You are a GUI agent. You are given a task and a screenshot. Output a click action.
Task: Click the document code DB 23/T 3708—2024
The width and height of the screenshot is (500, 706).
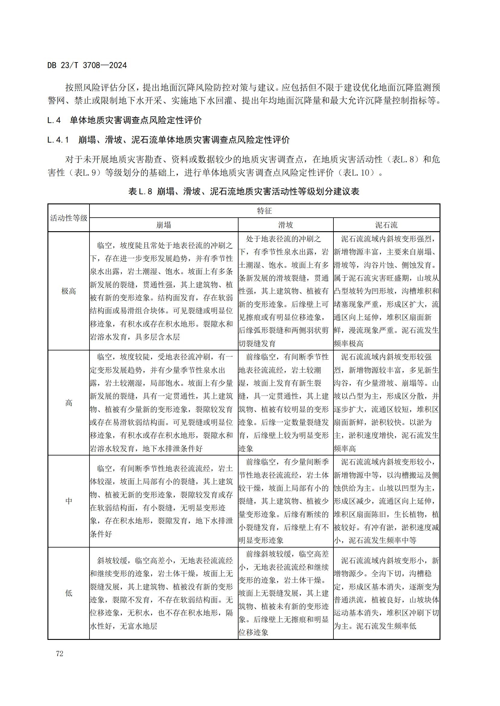point(87,65)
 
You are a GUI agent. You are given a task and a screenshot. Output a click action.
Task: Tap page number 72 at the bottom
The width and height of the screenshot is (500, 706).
point(60,653)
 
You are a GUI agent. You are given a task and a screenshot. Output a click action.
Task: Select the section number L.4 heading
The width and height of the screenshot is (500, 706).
point(54,120)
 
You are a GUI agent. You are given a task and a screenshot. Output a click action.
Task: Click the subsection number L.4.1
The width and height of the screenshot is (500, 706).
point(58,140)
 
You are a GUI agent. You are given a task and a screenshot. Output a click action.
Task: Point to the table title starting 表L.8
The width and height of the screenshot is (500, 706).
point(244,192)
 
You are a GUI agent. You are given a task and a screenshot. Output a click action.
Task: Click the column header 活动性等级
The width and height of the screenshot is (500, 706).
point(69,218)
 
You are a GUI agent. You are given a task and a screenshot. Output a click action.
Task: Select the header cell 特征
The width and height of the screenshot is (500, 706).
point(264,211)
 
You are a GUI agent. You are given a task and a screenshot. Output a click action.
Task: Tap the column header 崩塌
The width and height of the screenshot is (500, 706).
point(164,225)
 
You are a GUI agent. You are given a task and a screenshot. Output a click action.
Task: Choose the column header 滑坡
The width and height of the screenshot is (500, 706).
point(285,225)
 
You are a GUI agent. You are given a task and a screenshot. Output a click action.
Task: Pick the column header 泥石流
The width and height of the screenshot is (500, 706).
point(386,225)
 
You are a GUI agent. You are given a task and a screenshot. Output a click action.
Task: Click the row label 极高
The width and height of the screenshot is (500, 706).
point(69,291)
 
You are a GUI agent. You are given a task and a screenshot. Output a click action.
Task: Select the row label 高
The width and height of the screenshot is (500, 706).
point(69,403)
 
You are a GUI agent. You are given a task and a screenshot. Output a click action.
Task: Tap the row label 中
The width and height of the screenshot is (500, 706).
point(69,501)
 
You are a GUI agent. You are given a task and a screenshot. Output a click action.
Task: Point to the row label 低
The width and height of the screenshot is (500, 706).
point(69,593)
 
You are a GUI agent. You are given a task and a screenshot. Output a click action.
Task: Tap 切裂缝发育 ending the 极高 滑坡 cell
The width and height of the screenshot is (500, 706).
point(257,343)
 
